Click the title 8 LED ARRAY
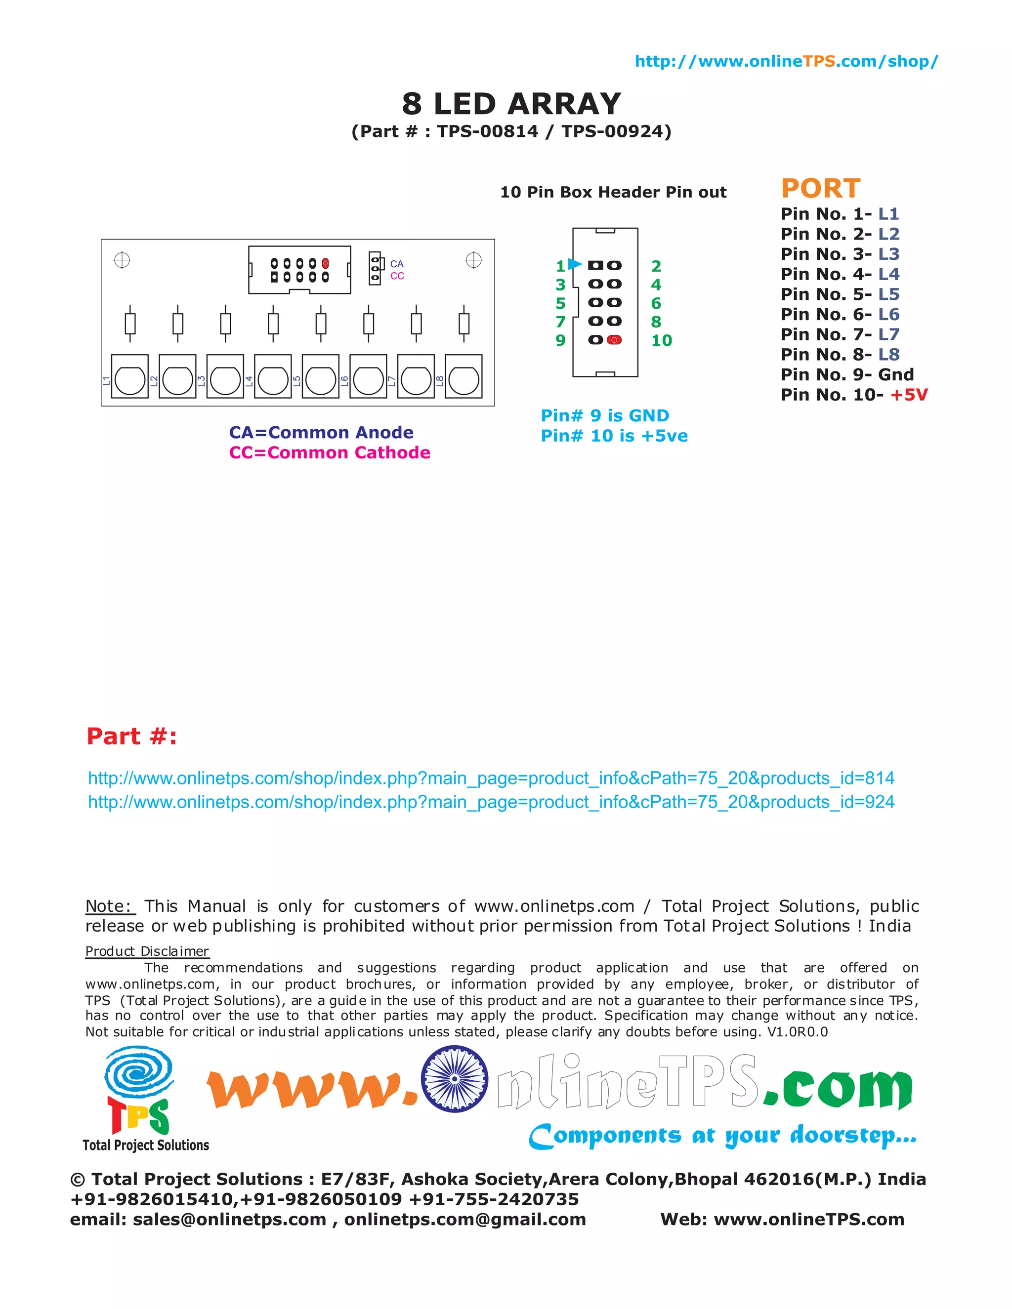click(x=511, y=104)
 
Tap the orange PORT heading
click(x=820, y=188)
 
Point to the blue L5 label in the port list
click(x=888, y=294)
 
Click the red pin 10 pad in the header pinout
click(x=614, y=340)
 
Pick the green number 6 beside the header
click(x=656, y=303)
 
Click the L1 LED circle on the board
click(x=130, y=379)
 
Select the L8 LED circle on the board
click(x=464, y=379)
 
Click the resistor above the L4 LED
click(x=273, y=324)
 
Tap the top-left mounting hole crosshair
click(x=123, y=260)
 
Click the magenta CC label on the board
click(x=397, y=276)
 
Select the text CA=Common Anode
click(x=321, y=432)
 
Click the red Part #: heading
click(x=132, y=736)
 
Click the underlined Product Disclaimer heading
click(x=147, y=951)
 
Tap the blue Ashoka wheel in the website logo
click(x=455, y=1079)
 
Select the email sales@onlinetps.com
click(x=230, y=1219)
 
